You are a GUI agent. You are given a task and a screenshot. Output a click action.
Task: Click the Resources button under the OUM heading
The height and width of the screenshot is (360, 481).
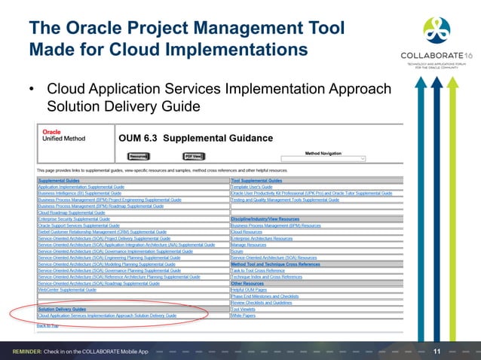point(137,157)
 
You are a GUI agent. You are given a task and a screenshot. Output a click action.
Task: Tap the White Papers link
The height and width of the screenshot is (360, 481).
point(244,316)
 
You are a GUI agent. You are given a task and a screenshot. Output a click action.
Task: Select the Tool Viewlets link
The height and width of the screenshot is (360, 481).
point(244,310)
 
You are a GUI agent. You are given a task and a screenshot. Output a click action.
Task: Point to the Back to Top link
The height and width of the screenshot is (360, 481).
point(47,325)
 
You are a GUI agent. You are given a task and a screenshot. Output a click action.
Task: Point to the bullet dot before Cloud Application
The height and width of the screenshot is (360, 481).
point(32,90)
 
